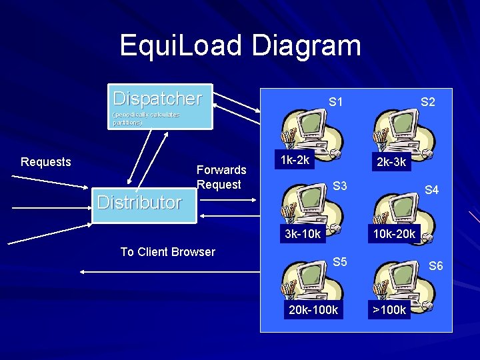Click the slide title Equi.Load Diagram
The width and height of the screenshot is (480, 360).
click(x=240, y=45)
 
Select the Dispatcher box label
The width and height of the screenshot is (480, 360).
click(x=157, y=99)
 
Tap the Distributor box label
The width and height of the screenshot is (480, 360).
click(x=139, y=202)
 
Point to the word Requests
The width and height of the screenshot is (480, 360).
click(x=46, y=162)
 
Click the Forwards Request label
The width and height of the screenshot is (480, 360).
click(x=221, y=177)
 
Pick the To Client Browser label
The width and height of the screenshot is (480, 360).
click(x=167, y=252)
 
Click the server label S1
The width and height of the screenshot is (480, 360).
click(x=336, y=102)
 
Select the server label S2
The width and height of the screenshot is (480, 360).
click(x=427, y=102)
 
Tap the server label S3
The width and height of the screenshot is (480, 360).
click(x=340, y=186)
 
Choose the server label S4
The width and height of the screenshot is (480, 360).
click(x=432, y=190)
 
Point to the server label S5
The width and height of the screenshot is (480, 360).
click(x=340, y=262)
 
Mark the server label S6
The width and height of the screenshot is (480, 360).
click(x=435, y=266)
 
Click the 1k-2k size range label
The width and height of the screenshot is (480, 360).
click(x=295, y=160)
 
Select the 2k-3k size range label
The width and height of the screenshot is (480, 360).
click(x=391, y=163)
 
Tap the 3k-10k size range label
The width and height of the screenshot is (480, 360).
click(x=303, y=234)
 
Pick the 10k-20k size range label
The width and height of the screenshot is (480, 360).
click(x=394, y=234)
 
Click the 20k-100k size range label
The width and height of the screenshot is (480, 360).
click(x=313, y=310)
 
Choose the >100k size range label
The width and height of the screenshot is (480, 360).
click(x=389, y=310)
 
